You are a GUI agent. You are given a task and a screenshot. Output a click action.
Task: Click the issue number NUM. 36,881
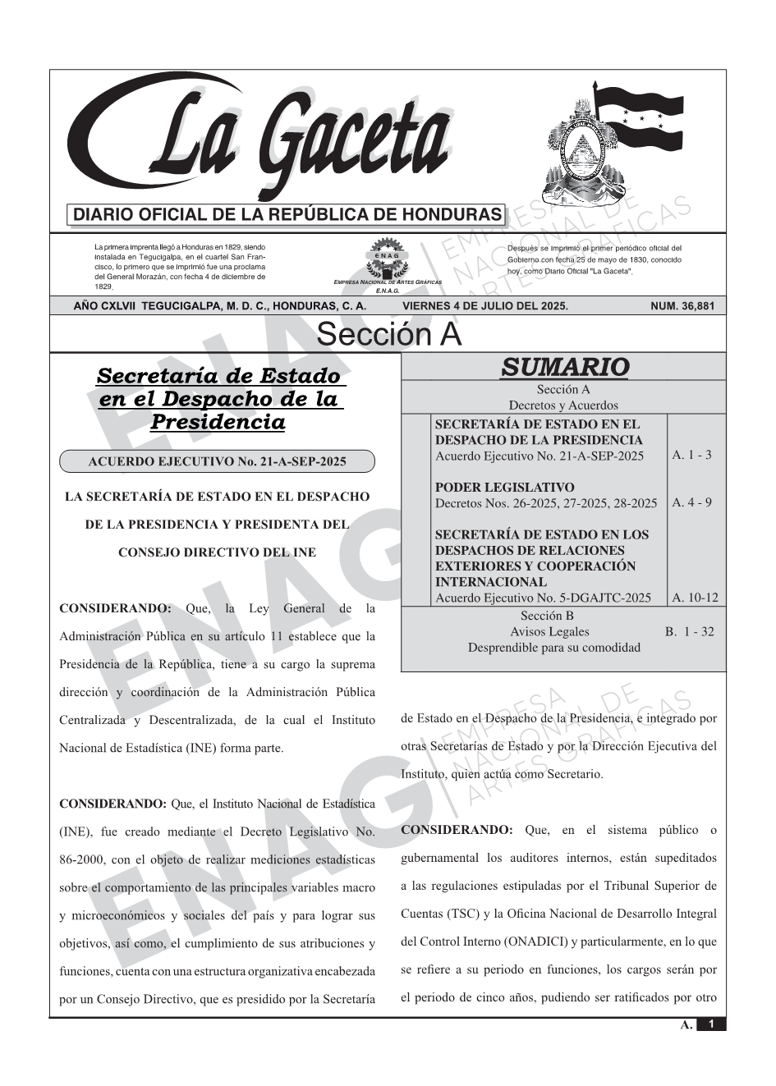click(682, 306)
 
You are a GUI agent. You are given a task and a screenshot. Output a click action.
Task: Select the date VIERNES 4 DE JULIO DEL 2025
click(484, 306)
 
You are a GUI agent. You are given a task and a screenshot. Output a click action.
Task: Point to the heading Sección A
click(388, 335)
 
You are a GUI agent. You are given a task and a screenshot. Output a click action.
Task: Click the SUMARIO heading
click(564, 367)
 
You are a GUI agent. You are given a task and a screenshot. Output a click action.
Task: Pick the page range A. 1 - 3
click(691, 455)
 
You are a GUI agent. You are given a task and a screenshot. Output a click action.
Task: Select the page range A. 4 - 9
click(691, 502)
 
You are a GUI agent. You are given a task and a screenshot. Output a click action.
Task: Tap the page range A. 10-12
click(695, 598)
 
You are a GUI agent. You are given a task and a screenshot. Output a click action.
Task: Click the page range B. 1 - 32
click(689, 631)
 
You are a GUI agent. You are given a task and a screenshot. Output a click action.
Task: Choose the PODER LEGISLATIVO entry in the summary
click(504, 488)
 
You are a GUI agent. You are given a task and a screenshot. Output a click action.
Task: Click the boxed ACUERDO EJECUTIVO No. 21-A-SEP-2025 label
click(217, 461)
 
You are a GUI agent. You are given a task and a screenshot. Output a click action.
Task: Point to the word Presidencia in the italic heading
click(218, 422)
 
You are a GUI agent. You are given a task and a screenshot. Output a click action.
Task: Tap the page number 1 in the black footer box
click(711, 1024)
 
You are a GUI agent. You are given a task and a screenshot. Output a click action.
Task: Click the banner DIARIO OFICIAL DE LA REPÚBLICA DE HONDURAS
click(287, 215)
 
